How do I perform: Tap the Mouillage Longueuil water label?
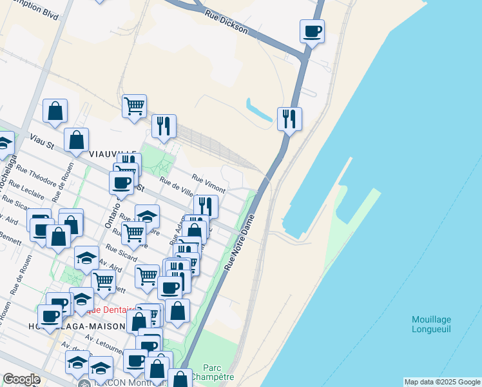(431, 324)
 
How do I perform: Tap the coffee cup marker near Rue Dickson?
(312, 30)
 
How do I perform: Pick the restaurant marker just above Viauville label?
(164, 126)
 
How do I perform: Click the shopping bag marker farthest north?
(55, 110)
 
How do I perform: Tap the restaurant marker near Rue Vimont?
(206, 206)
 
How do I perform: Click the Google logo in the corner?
(21, 379)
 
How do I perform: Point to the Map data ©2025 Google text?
(442, 382)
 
